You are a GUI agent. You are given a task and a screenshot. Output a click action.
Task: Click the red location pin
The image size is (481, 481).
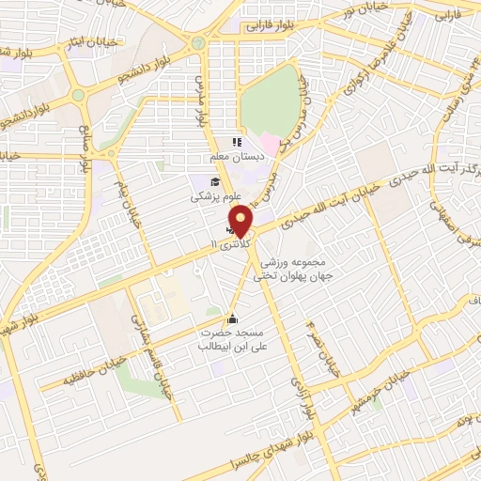[x=241, y=220]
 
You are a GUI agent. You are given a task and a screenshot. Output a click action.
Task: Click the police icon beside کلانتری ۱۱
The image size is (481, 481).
[x=231, y=227]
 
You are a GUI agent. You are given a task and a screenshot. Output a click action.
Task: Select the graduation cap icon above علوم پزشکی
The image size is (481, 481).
[x=215, y=181]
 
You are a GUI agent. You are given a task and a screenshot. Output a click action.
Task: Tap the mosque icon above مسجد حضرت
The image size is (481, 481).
[x=233, y=318]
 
